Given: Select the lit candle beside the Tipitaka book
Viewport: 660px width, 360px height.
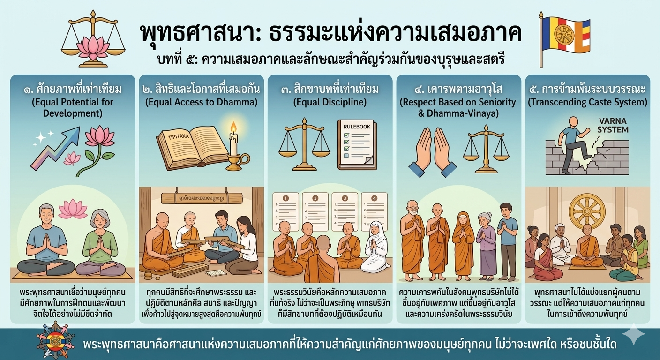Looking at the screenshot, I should point(233,141).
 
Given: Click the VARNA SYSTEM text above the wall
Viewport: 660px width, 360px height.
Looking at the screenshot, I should point(612,125).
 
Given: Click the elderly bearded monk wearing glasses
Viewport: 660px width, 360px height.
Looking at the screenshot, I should point(412,234).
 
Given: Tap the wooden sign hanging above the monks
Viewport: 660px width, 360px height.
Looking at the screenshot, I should point(197,198).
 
